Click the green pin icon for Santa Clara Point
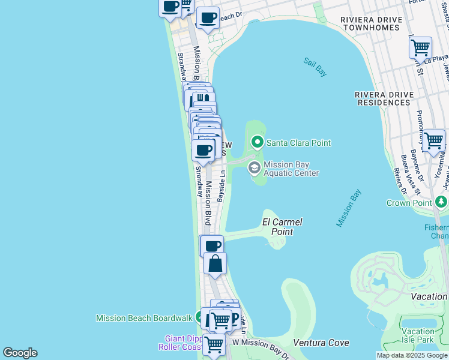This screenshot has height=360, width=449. click(x=258, y=142)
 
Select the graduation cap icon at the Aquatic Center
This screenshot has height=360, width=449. click(x=254, y=167)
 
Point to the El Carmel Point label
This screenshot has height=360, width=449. click(x=282, y=227)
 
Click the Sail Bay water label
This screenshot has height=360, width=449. click(x=315, y=67)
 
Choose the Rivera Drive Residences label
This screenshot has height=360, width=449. click(x=382, y=98)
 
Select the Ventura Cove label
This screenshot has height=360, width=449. click(x=321, y=343)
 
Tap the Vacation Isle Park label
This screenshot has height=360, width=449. click(x=418, y=335)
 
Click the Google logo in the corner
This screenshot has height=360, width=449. click(x=20, y=353)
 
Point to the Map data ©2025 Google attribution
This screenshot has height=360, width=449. click(x=412, y=355)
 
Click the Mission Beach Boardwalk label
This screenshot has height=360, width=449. click(x=144, y=317)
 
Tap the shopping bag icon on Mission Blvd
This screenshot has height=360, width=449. click(x=215, y=263)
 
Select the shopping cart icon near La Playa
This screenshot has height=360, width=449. click(x=420, y=46)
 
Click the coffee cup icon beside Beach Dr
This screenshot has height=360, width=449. click(x=208, y=17)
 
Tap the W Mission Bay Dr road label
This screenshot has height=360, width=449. click(x=262, y=348)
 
